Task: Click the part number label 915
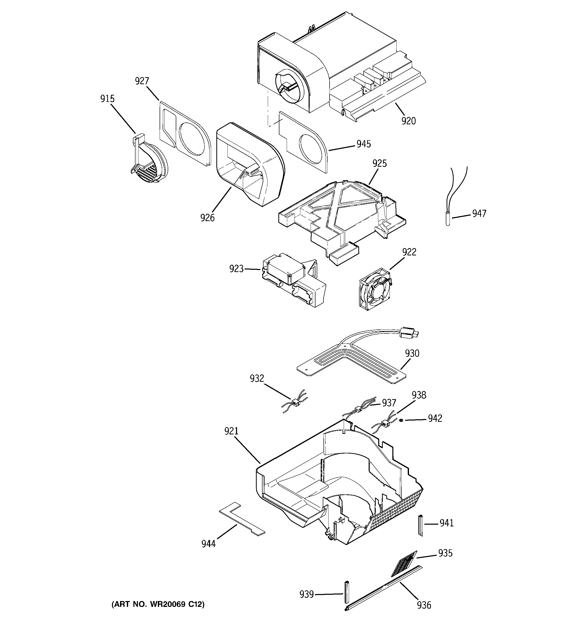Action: (x=107, y=99)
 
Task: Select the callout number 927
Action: (x=142, y=81)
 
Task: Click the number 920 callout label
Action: (x=408, y=121)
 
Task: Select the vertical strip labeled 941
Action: (x=420, y=525)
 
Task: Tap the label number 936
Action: (x=424, y=605)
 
